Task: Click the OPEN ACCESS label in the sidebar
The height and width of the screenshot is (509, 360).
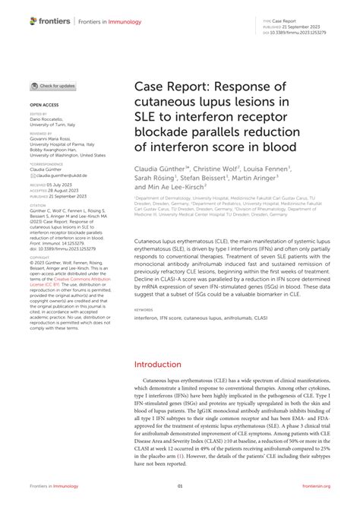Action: [43, 103]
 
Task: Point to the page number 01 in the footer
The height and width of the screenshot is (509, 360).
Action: [180, 486]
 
